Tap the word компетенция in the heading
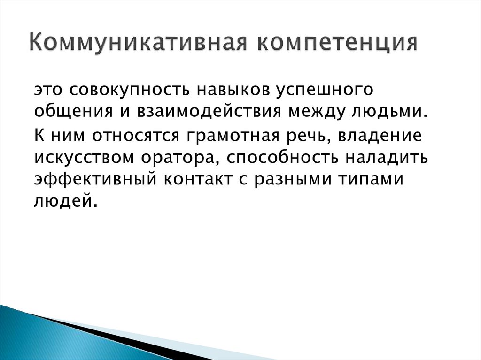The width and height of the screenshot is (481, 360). coord(337,43)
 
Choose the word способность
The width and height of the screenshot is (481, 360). coord(281,158)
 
